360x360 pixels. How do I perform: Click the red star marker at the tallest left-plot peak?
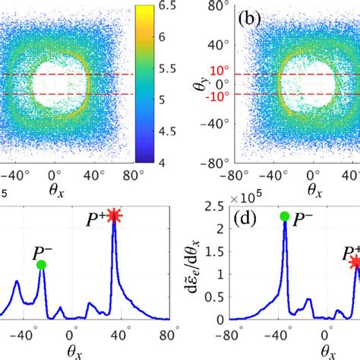114,216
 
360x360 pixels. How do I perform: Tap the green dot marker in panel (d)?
284,216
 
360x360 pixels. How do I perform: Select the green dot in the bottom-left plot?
41,264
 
